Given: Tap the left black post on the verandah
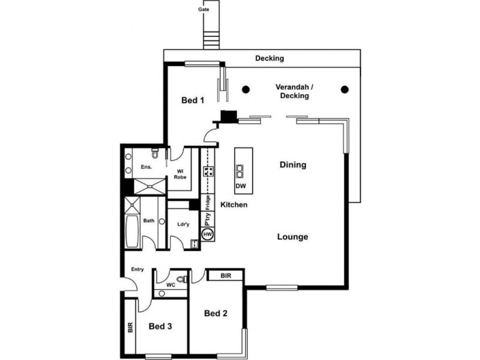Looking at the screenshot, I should (x=245, y=90).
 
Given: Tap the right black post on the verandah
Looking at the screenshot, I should (x=344, y=90).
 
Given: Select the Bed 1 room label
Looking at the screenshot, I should (x=193, y=101).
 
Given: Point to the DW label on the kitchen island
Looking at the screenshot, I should (x=241, y=187).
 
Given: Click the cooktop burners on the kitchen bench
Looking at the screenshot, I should (x=208, y=172).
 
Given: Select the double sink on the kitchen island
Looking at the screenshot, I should (x=240, y=172).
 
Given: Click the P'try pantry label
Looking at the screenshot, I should (x=208, y=218).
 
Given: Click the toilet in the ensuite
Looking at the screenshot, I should (x=155, y=152).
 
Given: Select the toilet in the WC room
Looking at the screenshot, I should (x=184, y=280).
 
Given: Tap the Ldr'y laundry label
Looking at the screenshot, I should (x=183, y=225).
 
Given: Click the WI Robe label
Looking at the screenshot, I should (x=180, y=174).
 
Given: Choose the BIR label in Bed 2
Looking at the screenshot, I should (x=226, y=276).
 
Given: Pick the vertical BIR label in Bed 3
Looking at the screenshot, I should (x=130, y=328).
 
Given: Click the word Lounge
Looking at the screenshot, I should (x=292, y=237).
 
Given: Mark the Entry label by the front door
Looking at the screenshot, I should (x=137, y=269).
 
